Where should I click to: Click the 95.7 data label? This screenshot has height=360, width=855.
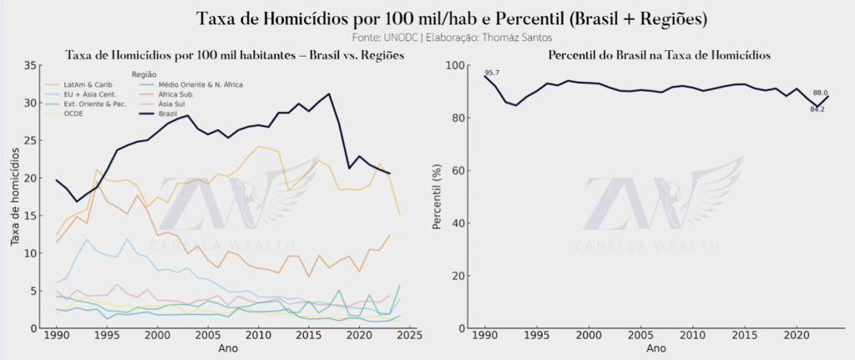[492, 73]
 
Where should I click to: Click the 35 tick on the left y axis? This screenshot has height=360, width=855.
[31, 66]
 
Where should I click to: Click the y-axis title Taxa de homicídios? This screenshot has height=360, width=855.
[14, 198]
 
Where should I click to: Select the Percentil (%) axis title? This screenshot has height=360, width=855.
[437, 198]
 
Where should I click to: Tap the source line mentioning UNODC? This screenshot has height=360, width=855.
[427, 38]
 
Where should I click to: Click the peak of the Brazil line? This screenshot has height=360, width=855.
[329, 94]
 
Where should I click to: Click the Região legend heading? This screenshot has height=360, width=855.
[147, 74]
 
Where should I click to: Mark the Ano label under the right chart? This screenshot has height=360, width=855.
[656, 347]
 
